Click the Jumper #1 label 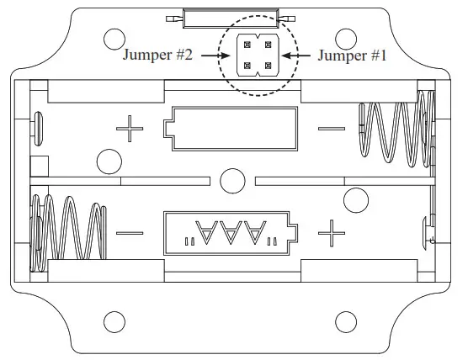pos(352,56)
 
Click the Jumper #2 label pos(158,56)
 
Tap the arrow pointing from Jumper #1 pos(294,56)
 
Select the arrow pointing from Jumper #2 pos(216,56)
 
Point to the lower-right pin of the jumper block pos(268,65)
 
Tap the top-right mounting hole pos(345,38)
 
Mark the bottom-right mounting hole pos(345,320)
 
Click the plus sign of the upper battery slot pos(130,130)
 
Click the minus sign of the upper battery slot pos(332,130)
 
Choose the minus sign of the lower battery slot pos(130,230)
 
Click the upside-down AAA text pos(231,230)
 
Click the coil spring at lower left pos(69,231)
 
